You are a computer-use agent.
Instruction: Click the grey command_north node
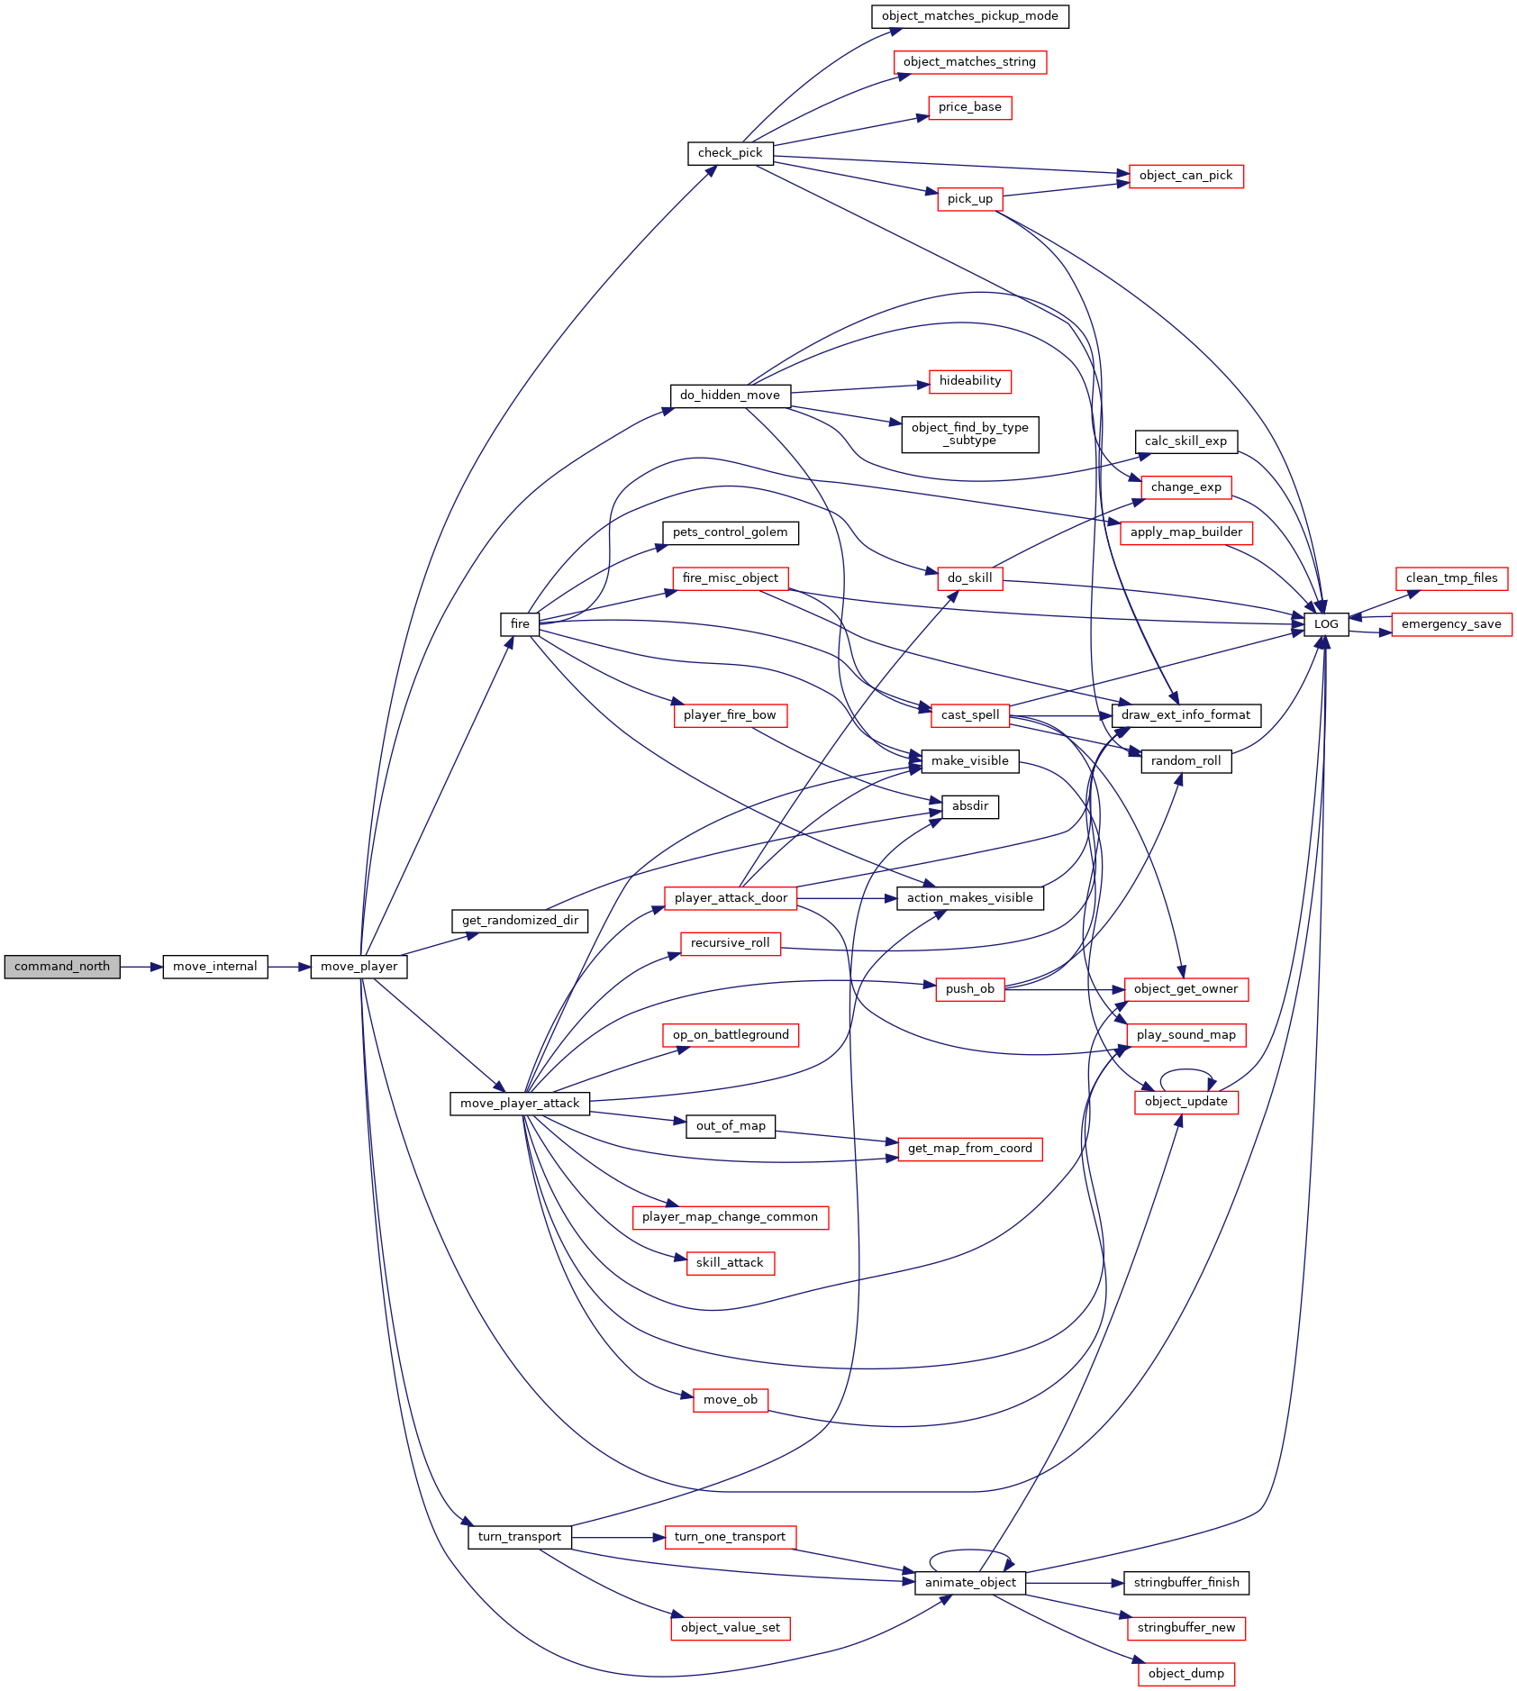[x=62, y=967]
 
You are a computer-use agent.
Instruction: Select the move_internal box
[x=215, y=967]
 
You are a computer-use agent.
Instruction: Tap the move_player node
[x=359, y=967]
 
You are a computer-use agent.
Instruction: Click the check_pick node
[x=730, y=153]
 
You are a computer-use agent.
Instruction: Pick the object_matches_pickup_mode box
[x=970, y=16]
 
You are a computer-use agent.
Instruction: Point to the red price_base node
[x=970, y=107]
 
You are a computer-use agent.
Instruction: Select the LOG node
[x=1326, y=624]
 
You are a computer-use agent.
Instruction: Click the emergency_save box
[x=1451, y=624]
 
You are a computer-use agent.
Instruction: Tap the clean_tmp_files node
[x=1451, y=578]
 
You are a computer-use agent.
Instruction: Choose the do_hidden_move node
[x=730, y=395]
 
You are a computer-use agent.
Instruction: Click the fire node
[x=520, y=624]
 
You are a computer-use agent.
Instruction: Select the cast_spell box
[x=970, y=715]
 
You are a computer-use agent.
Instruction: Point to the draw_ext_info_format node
[x=1185, y=715]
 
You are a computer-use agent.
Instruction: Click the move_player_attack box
[x=520, y=1104]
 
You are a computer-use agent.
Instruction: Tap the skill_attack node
[x=730, y=1263]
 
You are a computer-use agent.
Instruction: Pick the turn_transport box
[x=520, y=1537]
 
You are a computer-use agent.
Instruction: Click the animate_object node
[x=970, y=1583]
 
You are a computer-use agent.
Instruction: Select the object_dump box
[x=1185, y=1674]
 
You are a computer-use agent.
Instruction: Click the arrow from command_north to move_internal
[x=141, y=967]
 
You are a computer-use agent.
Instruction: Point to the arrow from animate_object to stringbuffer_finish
[x=1075, y=1583]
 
